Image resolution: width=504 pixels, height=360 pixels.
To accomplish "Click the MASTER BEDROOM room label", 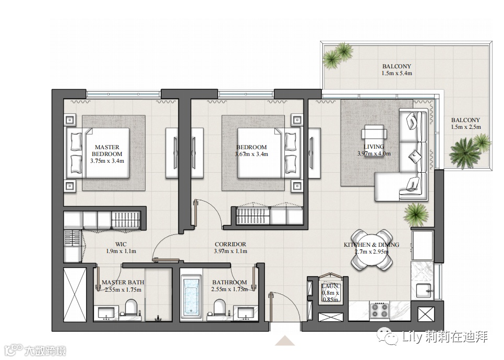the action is pos(107,150).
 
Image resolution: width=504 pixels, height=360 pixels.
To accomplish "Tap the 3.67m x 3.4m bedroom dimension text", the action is pos(251,154).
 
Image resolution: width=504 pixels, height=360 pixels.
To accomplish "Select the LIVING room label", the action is pos(374,147).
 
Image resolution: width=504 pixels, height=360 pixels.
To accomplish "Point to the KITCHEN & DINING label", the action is pos(371,245).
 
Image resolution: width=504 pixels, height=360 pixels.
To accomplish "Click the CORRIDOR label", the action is pos(231,244).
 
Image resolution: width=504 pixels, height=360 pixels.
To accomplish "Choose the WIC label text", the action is pos(121,244).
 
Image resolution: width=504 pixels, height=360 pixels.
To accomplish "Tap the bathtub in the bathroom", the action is pos(191,296).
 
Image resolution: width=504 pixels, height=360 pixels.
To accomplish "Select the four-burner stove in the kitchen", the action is pos(379,310).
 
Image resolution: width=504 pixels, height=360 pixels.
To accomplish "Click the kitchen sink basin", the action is pos(424,291).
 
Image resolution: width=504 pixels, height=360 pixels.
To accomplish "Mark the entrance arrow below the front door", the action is pos(285,341).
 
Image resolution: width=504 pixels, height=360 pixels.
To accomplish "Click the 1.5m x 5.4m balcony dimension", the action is pos(397,73).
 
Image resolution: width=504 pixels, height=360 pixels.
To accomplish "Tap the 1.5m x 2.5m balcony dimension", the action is pos(466,127).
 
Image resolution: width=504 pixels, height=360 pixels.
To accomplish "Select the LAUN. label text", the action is pos(330,286).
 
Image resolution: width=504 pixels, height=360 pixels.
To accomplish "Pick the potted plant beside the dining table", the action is pos(416,214).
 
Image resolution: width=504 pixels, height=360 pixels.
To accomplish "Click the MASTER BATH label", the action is pos(123,282).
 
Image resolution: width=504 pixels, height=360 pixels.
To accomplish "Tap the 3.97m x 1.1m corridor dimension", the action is pos(231,251).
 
